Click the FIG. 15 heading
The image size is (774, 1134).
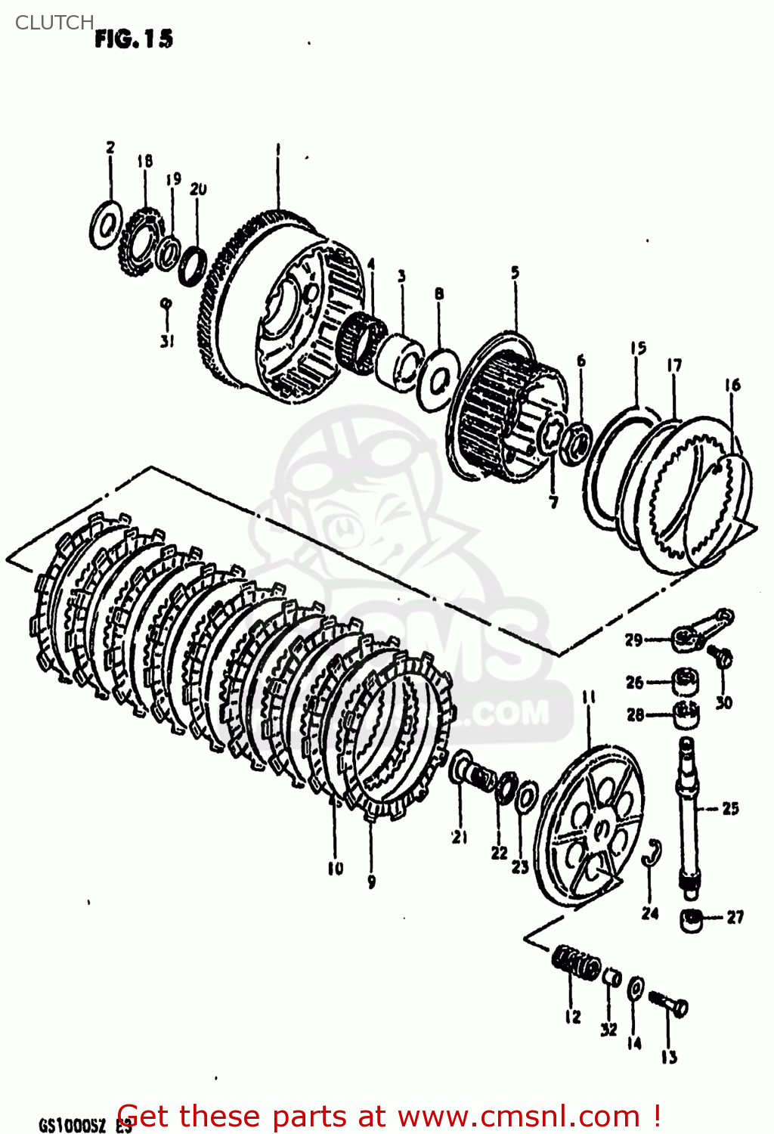coord(134,39)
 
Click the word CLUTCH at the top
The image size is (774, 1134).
coord(54,23)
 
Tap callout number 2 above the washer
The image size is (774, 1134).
coord(110,147)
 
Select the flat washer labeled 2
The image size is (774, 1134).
coord(106,225)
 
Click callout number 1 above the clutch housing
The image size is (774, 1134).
coord(277,150)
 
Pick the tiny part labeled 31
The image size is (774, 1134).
coord(166,304)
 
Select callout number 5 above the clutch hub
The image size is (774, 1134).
coord(515,272)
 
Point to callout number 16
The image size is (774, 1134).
coord(732,386)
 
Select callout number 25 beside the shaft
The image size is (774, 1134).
coord(729,808)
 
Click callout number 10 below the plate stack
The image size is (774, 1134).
coord(335,869)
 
